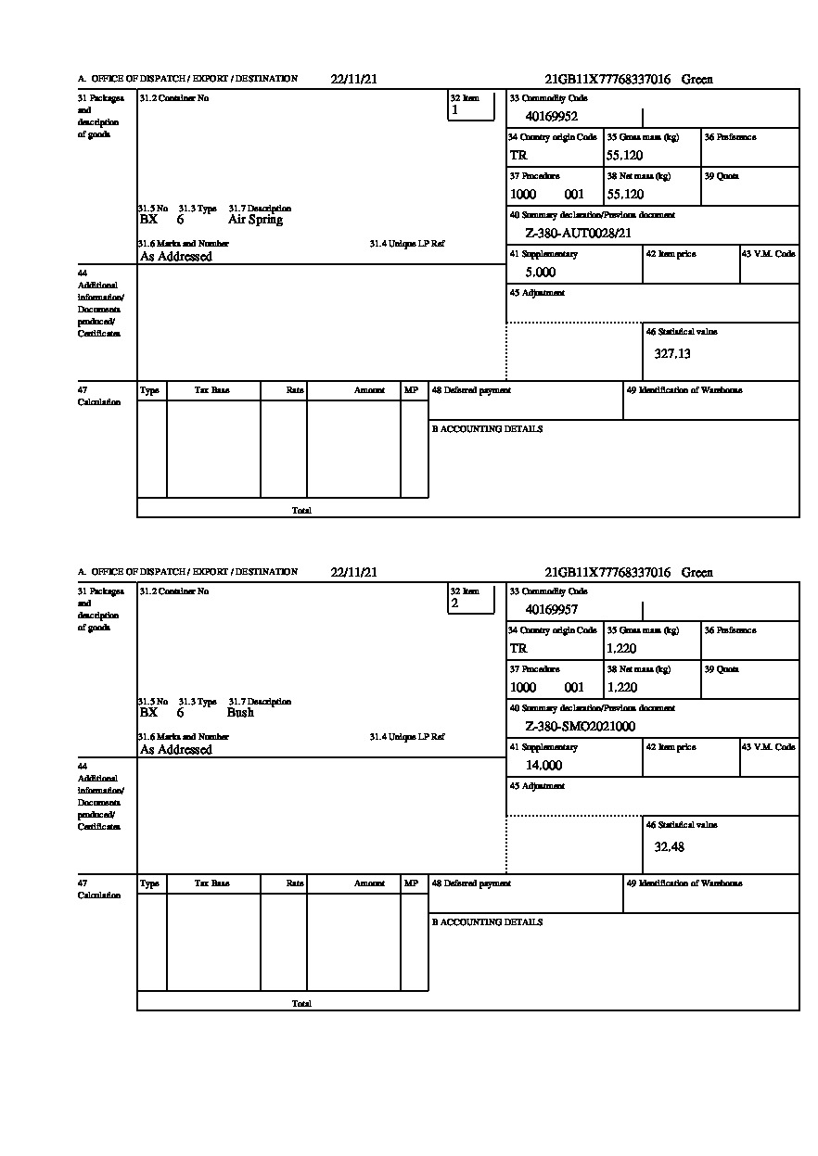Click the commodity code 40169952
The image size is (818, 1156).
click(551, 117)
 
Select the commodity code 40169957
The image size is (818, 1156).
click(551, 610)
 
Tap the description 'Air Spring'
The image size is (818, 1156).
click(255, 220)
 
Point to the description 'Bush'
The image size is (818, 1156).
click(240, 713)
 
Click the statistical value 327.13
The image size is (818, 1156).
click(672, 353)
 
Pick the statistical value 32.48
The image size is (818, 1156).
click(669, 846)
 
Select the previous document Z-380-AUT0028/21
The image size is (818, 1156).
click(578, 234)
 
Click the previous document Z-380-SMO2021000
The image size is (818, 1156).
click(580, 727)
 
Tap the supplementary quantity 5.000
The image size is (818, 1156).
click(540, 273)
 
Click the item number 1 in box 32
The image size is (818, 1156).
click(454, 110)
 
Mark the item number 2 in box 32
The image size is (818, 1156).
click(454, 603)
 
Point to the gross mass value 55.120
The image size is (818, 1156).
click(624, 156)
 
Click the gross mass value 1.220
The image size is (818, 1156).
click(621, 649)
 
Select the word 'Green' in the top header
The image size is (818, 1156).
click(697, 80)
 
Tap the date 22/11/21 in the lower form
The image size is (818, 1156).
click(353, 573)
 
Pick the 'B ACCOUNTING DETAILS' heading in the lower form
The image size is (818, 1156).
click(487, 922)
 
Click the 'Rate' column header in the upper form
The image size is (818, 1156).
click(295, 391)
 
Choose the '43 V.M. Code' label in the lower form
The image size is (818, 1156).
click(768, 747)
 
